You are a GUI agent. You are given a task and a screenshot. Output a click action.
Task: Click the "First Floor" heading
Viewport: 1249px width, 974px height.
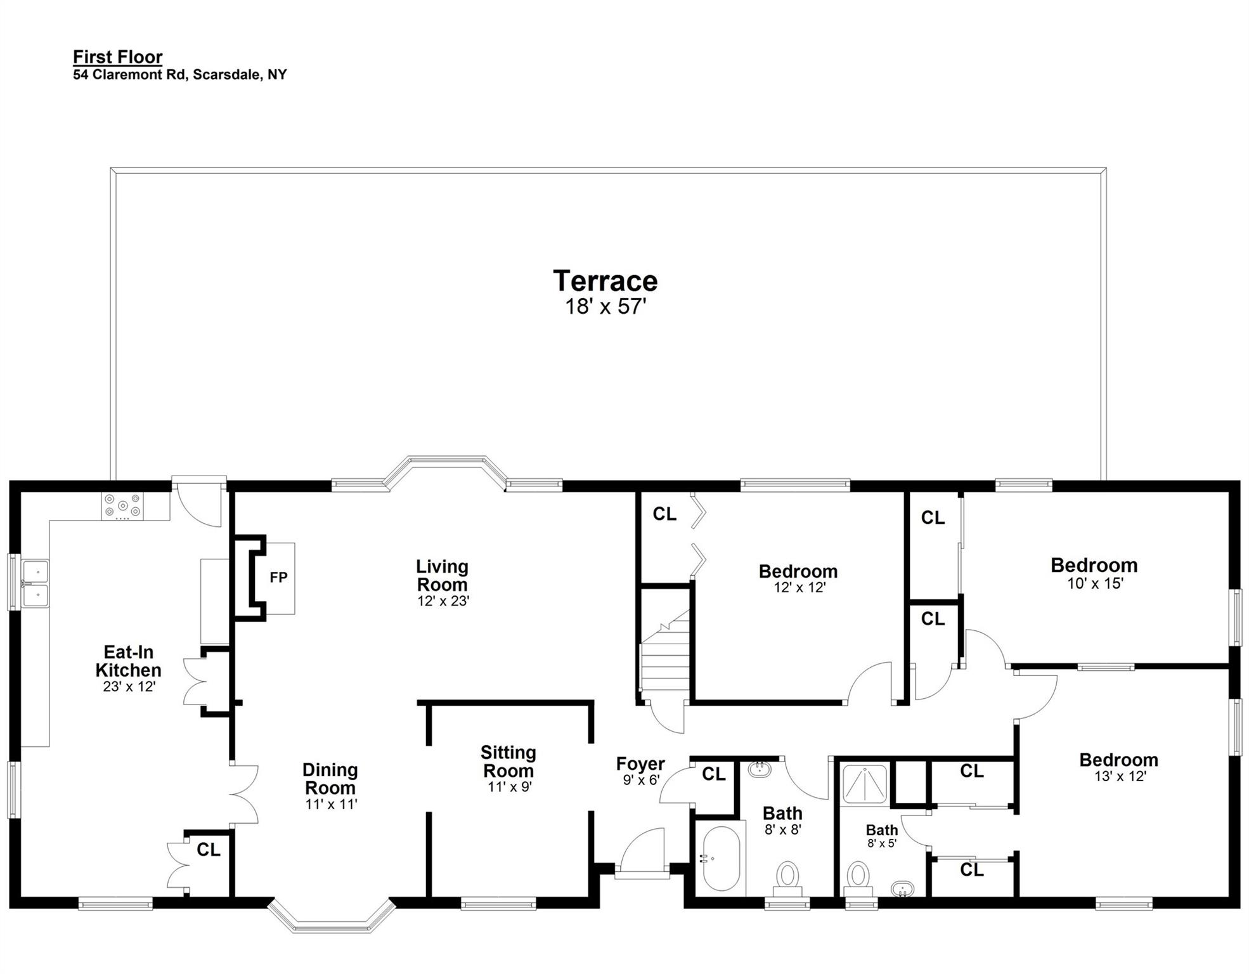(x=118, y=57)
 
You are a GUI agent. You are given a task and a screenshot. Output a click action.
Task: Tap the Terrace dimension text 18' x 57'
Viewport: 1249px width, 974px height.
(x=605, y=308)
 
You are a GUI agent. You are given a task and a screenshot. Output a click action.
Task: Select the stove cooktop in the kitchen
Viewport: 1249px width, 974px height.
(x=123, y=507)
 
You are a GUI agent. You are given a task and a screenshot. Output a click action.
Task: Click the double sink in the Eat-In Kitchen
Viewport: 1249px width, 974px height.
(x=35, y=583)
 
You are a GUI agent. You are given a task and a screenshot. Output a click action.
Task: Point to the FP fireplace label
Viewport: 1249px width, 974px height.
(x=279, y=578)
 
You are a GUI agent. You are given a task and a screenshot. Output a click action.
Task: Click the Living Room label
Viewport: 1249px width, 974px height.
(x=443, y=576)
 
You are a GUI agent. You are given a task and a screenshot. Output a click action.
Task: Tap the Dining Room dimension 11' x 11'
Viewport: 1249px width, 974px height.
(x=330, y=805)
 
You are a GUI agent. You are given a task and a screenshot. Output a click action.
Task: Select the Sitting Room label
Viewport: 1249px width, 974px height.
(x=508, y=762)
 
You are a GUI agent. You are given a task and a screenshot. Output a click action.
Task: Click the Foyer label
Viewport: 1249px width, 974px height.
(x=640, y=764)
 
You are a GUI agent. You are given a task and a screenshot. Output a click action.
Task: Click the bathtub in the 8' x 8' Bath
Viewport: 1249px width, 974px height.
(x=722, y=858)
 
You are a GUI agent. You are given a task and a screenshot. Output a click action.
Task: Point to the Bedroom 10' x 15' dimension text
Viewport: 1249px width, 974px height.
(x=1096, y=583)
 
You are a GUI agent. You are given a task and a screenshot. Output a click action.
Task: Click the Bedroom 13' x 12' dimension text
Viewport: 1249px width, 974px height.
(x=1120, y=777)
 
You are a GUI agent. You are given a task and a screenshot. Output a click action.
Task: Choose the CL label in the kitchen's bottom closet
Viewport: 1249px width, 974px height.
(x=209, y=850)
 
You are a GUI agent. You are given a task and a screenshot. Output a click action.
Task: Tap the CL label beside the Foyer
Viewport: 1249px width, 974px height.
(x=714, y=774)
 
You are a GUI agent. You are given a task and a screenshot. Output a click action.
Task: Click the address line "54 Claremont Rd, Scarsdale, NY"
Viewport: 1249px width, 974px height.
(x=180, y=75)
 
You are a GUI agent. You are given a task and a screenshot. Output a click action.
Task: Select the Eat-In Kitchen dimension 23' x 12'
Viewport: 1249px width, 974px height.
(x=129, y=687)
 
